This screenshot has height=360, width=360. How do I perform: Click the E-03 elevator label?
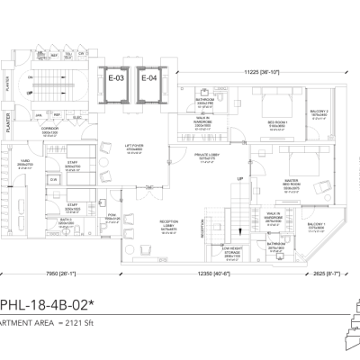pyautogui.click(x=114, y=77)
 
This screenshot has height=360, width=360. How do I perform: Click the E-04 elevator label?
pyautogui.click(x=148, y=77)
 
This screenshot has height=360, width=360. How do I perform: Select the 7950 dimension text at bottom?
pyautogui.click(x=57, y=274)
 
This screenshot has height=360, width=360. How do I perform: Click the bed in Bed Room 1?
pyautogui.click(x=275, y=105)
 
